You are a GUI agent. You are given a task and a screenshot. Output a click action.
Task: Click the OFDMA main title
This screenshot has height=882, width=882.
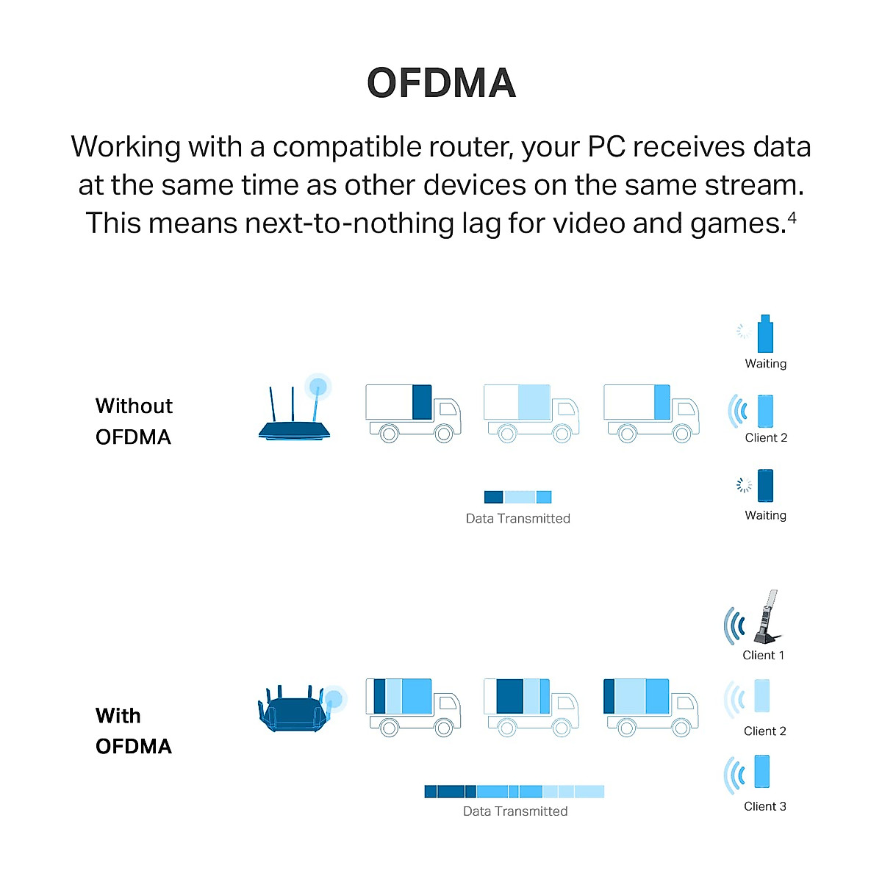[441, 83]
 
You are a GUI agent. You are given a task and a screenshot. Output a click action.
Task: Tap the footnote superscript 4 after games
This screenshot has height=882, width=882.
[792, 218]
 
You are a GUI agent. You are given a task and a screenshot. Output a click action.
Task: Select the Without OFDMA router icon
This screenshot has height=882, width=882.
[294, 415]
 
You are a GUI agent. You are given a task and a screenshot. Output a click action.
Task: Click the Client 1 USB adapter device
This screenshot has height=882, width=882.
[767, 617]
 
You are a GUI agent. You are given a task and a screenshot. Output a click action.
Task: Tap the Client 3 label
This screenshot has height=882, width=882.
[764, 806]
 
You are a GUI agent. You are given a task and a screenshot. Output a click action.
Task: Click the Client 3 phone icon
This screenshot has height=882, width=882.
[761, 772]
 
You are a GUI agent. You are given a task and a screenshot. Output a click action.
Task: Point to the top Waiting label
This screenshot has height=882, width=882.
[765, 363]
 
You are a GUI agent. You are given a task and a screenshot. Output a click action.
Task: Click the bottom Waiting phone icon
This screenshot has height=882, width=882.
[765, 485]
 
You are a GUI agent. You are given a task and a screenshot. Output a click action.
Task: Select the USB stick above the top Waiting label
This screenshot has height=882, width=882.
[765, 334]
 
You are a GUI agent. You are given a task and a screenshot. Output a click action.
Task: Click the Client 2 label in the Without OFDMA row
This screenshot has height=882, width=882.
[766, 437]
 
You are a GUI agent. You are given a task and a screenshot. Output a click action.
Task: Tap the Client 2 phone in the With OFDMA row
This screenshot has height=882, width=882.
[761, 696]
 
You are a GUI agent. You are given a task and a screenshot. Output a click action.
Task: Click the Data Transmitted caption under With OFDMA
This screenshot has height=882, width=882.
[515, 811]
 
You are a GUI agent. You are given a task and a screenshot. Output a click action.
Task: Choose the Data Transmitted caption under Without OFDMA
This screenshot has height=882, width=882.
[517, 518]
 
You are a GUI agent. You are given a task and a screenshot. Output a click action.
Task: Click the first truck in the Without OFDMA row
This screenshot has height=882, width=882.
[412, 412]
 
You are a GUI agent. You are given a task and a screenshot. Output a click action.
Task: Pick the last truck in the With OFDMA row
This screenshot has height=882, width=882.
[650, 706]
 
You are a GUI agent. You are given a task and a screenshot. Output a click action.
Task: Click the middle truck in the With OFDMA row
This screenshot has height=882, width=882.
[531, 706]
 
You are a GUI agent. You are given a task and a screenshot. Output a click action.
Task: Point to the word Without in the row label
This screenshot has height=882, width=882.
[134, 406]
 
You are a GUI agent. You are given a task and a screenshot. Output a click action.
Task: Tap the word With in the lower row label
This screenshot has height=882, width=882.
[118, 716]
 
